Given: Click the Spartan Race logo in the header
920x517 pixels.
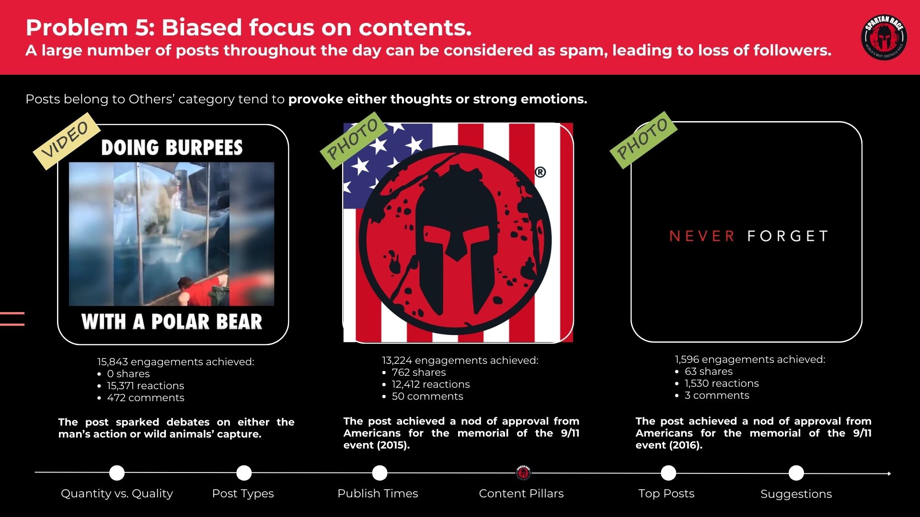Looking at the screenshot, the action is [884, 38].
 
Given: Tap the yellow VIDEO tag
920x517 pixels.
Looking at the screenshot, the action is [66, 141].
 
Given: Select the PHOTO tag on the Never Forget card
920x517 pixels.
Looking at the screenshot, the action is [643, 140].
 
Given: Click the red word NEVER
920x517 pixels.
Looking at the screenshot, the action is [701, 236].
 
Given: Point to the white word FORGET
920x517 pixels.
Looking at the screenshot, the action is [787, 236].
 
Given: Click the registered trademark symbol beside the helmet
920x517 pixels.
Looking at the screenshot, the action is [540, 172].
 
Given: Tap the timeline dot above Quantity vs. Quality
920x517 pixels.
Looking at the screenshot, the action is [116, 473].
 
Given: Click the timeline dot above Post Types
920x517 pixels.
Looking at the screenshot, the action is [244, 473].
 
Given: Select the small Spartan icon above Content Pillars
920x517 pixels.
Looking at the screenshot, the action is [524, 472].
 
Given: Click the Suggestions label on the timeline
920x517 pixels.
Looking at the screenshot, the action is [796, 494].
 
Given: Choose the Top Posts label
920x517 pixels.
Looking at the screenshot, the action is [666, 494].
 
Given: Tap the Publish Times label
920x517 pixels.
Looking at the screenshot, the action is [378, 494].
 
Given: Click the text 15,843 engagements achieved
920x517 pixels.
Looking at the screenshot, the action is [175, 362].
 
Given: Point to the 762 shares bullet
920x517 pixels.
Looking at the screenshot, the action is [418, 372].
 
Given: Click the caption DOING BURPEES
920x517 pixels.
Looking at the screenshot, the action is [172, 147].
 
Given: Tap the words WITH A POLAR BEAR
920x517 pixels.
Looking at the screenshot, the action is [172, 322].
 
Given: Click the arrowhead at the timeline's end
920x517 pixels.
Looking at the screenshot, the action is [889, 473].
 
